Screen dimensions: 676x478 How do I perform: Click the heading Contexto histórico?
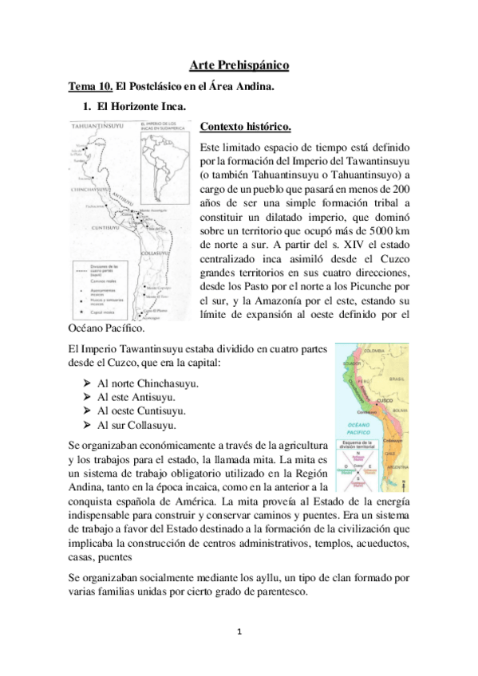point(245,127)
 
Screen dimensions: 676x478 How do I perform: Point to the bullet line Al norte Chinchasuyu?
point(148,383)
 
